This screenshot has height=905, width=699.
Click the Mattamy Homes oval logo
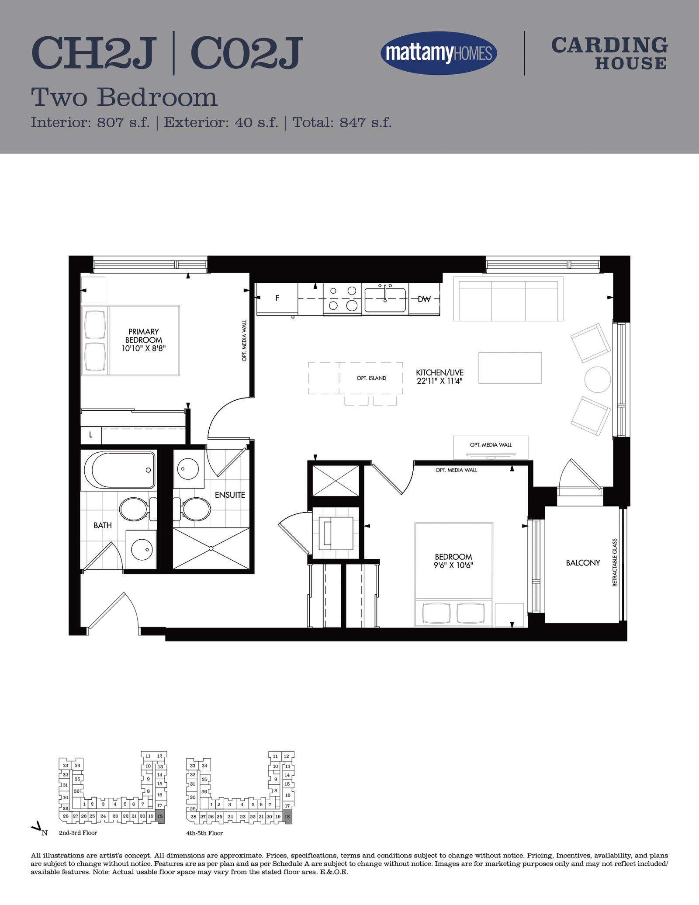point(439,53)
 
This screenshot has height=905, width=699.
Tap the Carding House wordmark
point(609,53)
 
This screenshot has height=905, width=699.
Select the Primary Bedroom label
point(144,340)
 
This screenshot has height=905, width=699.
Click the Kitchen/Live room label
point(439,376)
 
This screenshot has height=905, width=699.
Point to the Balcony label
point(583,563)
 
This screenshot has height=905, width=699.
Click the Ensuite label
point(230,495)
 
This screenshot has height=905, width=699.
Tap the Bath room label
point(103,525)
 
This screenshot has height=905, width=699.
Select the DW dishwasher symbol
point(424,299)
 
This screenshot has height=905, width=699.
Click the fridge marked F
point(277,298)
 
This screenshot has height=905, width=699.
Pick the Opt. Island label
point(371,378)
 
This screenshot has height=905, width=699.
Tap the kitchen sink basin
point(385,300)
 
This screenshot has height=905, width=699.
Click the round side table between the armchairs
point(597,380)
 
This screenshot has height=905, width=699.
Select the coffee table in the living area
point(510,368)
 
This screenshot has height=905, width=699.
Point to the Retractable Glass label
point(615,562)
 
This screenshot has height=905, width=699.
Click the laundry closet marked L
point(91,435)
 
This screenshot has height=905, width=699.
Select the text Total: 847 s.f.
point(342,122)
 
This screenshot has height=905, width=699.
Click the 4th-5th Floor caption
point(204,833)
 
